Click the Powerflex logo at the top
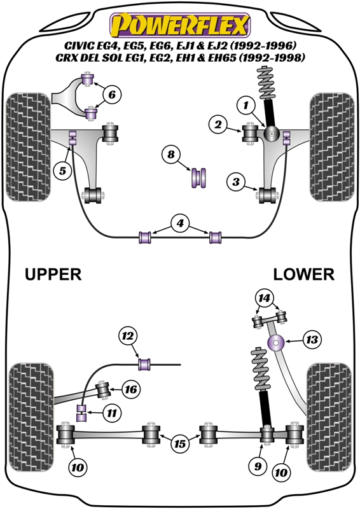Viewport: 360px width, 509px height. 180,25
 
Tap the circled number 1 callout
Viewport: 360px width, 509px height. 246,105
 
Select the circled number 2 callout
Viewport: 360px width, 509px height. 218,124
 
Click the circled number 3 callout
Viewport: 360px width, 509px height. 236,182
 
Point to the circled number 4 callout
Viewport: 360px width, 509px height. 180,223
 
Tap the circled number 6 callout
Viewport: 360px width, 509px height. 112,94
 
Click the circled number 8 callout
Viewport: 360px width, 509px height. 171,154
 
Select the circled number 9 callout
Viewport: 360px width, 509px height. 258,466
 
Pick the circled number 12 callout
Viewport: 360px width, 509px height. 128,336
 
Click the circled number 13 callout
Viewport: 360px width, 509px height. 312,340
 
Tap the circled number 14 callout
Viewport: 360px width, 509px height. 264,298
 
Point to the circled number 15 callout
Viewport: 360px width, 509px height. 180,443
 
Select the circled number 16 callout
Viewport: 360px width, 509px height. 131,389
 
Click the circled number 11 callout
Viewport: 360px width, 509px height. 112,413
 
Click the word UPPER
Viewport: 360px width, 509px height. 53,274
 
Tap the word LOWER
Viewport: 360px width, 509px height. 303,274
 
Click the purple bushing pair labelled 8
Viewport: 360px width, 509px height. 199,178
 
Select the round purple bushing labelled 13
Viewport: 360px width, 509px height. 276,342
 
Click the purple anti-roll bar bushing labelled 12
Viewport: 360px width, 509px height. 144,364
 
